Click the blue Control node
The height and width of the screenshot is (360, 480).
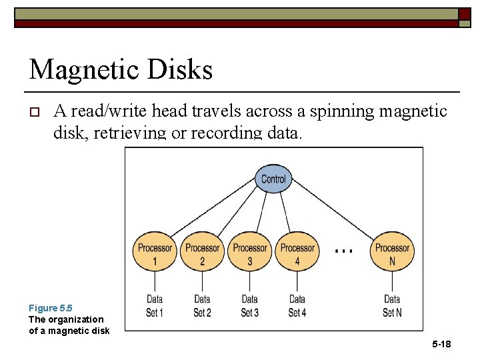[x=273, y=179]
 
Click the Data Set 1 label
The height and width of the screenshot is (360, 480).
[x=155, y=305]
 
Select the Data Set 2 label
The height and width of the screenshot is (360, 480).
[x=202, y=305]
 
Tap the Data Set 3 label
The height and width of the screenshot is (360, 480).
[x=249, y=305]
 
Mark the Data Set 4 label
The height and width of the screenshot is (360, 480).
[x=297, y=305]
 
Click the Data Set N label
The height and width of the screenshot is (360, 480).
[x=392, y=305]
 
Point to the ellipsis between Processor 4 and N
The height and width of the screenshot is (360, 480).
[x=343, y=251]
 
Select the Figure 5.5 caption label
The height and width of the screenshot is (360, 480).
[x=50, y=308]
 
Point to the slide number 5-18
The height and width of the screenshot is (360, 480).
[x=441, y=344]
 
